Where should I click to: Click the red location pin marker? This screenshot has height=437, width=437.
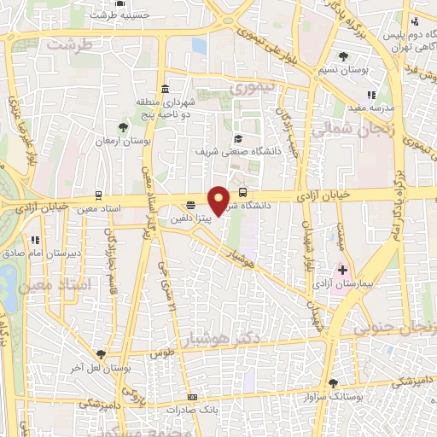(219, 200)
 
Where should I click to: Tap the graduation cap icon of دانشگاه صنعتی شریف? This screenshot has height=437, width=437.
(239, 139)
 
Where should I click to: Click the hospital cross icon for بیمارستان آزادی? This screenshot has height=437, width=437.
(343, 270)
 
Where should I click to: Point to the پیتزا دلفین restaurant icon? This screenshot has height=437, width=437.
(189, 205)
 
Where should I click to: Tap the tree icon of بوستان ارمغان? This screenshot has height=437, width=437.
(125, 127)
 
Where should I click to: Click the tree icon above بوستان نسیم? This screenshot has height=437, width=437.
(343, 56)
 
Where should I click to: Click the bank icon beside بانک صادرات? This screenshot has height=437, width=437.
(193, 397)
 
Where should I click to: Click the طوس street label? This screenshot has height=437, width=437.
(162, 352)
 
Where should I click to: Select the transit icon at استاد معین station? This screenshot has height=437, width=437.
(98, 195)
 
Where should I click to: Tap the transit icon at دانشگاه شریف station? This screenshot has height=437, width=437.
(243, 192)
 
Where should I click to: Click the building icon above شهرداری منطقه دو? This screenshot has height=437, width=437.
(164, 89)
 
